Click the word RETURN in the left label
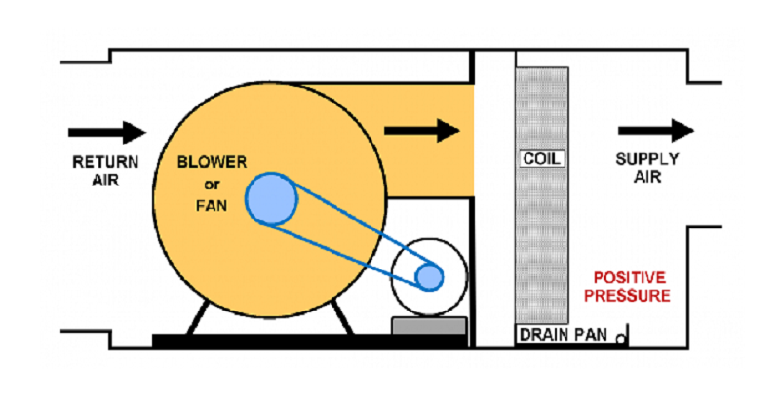click(x=105, y=162)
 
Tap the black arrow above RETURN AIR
click(x=106, y=132)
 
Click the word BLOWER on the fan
click(x=212, y=162)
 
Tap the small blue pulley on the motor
click(x=429, y=277)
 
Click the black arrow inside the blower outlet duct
click(x=421, y=129)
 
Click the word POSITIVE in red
click(x=633, y=277)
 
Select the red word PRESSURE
click(x=633, y=295)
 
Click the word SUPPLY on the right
click(x=646, y=160)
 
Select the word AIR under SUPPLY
click(x=646, y=179)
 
